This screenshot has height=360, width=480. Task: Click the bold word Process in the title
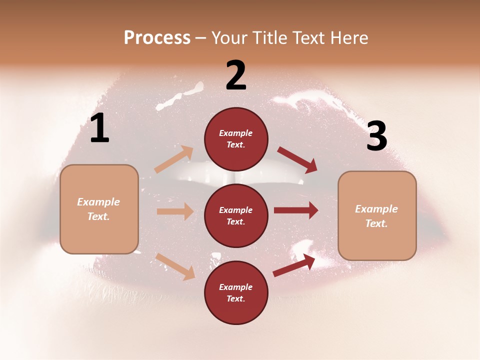click(157, 38)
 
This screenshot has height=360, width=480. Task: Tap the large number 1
click(99, 128)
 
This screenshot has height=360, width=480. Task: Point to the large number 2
click(236, 76)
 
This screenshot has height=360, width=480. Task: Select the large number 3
click(376, 136)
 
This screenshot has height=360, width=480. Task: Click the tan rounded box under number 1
click(99, 209)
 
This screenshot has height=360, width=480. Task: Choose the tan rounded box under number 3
click(377, 215)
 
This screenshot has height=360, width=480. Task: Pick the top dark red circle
click(236, 139)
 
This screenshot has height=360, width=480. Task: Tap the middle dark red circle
click(236, 215)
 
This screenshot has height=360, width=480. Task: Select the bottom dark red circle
click(236, 292)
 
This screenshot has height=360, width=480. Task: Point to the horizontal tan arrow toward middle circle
click(175, 211)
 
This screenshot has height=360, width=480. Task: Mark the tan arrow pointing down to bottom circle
click(175, 266)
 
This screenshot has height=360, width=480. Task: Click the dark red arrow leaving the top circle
click(297, 160)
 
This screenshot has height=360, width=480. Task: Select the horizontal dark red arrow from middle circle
click(296, 210)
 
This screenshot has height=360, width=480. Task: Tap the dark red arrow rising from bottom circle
click(294, 265)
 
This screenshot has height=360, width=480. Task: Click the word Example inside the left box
click(98, 202)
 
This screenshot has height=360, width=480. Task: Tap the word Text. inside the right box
click(376, 223)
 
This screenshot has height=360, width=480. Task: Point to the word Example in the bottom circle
click(236, 287)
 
